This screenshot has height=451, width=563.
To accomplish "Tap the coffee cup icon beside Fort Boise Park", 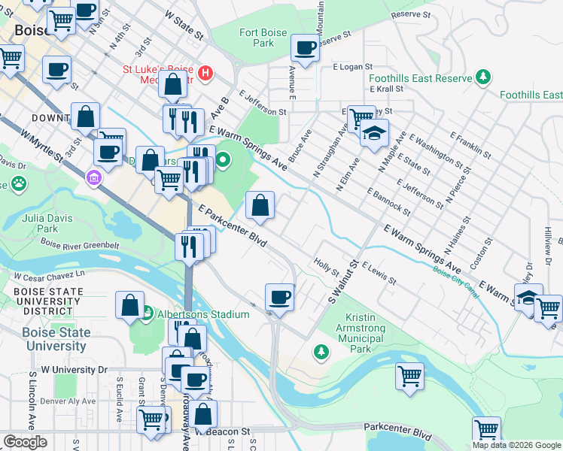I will tap(306, 49).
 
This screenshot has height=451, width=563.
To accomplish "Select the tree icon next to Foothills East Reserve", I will tap(482, 77).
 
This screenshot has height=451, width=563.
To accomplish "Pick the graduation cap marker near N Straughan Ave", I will tap(373, 134).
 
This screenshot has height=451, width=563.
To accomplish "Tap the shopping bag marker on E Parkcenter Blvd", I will tap(260, 205).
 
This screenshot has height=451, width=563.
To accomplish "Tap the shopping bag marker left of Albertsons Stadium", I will tap(129, 305).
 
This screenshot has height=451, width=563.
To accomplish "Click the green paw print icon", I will tap(17, 183).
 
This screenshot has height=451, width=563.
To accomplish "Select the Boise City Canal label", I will tap(455, 285).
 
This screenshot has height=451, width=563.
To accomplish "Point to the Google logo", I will tap(26, 442).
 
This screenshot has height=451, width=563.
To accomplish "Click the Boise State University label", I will tap(56, 339).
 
